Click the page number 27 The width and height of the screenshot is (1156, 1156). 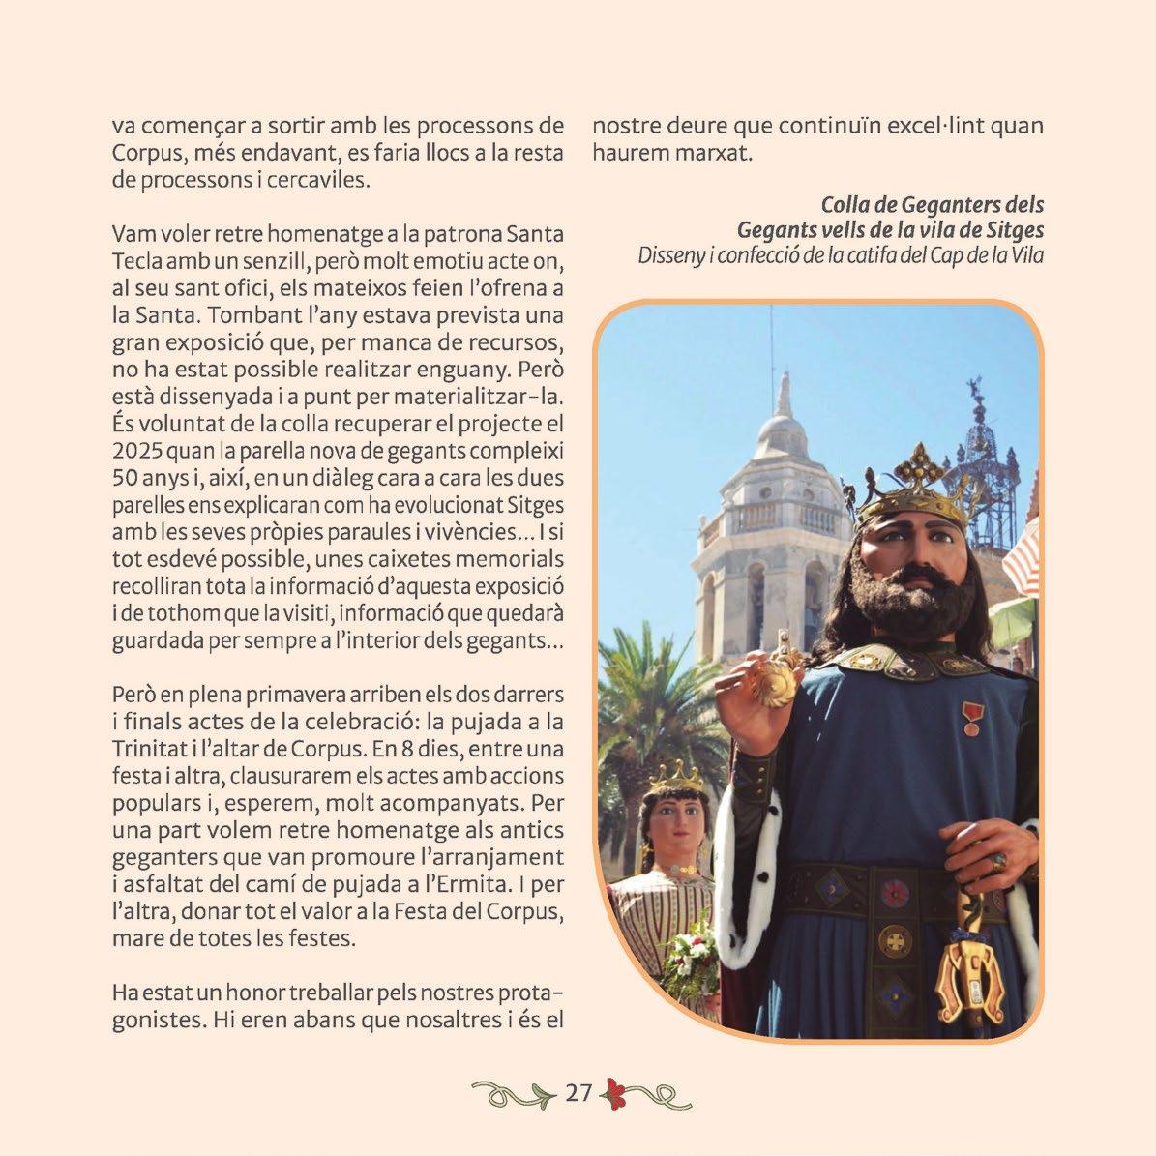578,1094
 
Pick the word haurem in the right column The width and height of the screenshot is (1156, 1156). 627,153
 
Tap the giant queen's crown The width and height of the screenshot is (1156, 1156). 677,777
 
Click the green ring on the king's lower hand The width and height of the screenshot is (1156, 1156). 998,860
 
